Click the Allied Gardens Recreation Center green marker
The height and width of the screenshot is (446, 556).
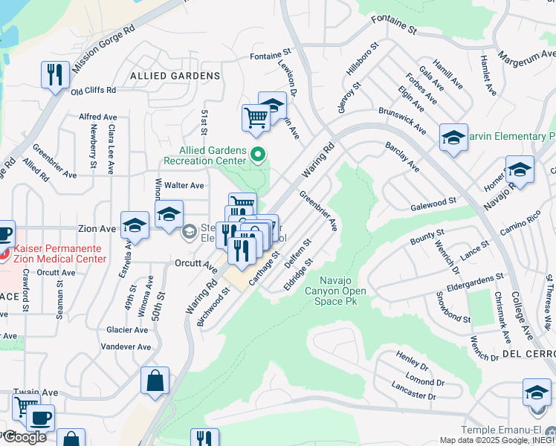pyautogui.click(x=259, y=155)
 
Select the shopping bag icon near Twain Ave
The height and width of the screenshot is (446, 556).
pyautogui.click(x=155, y=381)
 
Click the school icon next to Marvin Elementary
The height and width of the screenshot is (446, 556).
pyautogui.click(x=453, y=138)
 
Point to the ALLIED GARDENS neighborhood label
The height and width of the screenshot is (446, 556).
pyautogui.click(x=175, y=76)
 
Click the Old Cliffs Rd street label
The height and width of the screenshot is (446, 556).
pyautogui.click(x=94, y=91)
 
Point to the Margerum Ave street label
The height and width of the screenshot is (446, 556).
pyautogui.click(x=526, y=56)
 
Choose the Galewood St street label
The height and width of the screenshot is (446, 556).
pyautogui.click(x=433, y=201)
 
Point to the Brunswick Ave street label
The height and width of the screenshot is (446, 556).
pyautogui.click(x=402, y=119)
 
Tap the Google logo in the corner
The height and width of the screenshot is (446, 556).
pyautogui.click(x=25, y=437)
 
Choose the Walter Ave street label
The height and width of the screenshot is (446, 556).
pyautogui.click(x=184, y=185)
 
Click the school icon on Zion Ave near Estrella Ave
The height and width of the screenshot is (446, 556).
pyautogui.click(x=135, y=225)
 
